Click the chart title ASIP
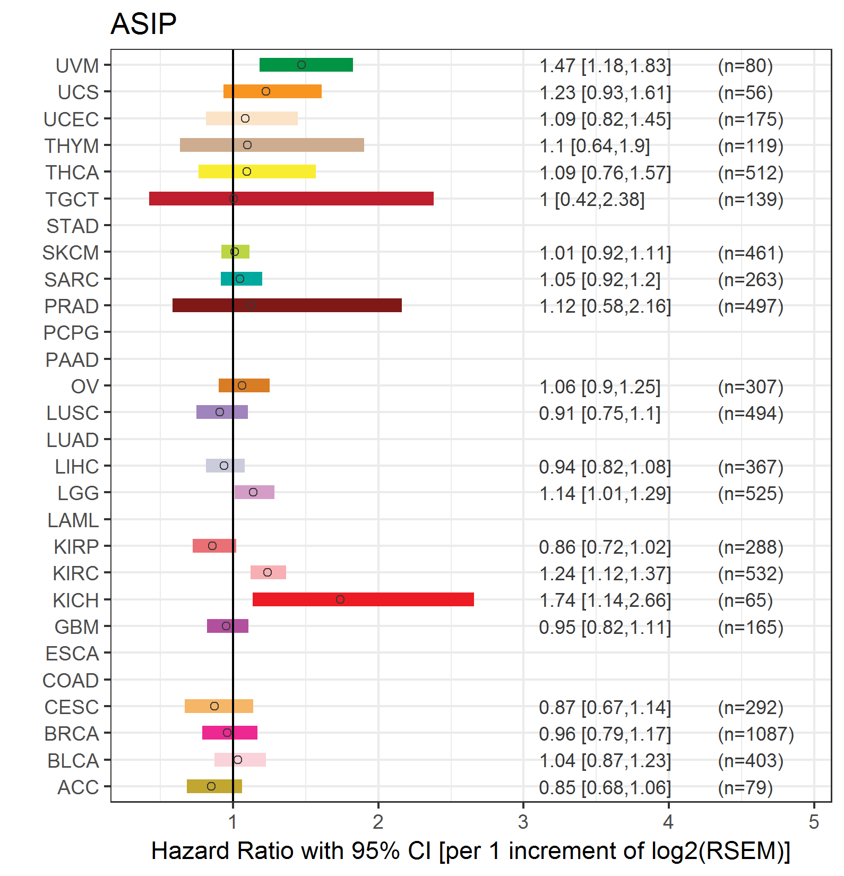pyautogui.click(x=143, y=24)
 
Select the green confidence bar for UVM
pyautogui.click(x=306, y=65)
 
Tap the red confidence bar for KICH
pyautogui.click(x=363, y=599)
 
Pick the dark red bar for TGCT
pyautogui.click(x=291, y=199)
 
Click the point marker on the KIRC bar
pyautogui.click(x=268, y=572)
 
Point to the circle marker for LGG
pyautogui.click(x=253, y=492)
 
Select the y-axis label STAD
pyautogui.click(x=73, y=226)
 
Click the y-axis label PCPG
pyautogui.click(x=71, y=333)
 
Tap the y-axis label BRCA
pyautogui.click(x=72, y=734)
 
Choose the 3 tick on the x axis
pyautogui.click(x=523, y=822)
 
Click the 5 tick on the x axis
pyautogui.click(x=814, y=822)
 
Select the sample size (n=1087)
pyautogui.click(x=756, y=734)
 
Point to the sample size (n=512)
pyautogui.click(x=751, y=173)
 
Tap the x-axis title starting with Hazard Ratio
pyautogui.click(x=470, y=851)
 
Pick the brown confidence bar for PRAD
pyautogui.click(x=287, y=305)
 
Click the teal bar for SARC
pyautogui.click(x=242, y=279)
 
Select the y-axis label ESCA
pyautogui.click(x=72, y=654)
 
